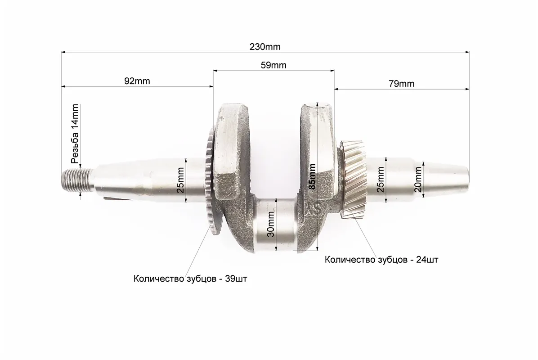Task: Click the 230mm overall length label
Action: tap(265, 47)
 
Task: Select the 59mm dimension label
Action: tap(273, 65)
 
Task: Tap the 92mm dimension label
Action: tap(137, 81)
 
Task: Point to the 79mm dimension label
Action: tap(401, 84)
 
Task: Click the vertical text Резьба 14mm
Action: tap(75, 134)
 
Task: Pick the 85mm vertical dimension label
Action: tap(312, 176)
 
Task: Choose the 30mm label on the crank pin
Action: tap(271, 225)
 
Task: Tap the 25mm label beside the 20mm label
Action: tap(381, 180)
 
